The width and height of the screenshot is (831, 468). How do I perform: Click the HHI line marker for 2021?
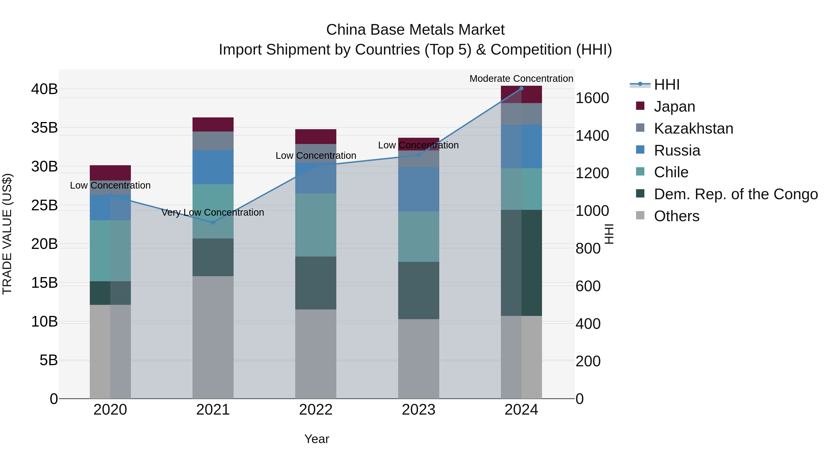pyautogui.click(x=213, y=223)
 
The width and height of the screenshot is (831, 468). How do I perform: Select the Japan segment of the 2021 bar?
pyautogui.click(x=213, y=124)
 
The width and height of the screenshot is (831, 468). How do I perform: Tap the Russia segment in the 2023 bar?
pyautogui.click(x=419, y=189)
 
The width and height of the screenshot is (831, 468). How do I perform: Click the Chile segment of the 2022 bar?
pyautogui.click(x=316, y=225)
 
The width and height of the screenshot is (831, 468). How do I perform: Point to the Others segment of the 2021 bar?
pyautogui.click(x=213, y=337)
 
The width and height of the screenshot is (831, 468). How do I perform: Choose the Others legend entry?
pyautogui.click(x=677, y=216)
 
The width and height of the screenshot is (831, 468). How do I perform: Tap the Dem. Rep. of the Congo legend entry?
pyautogui.click(x=735, y=194)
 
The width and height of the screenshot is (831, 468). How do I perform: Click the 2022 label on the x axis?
pyautogui.click(x=316, y=410)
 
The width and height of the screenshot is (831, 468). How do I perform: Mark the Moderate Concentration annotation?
pyautogui.click(x=521, y=79)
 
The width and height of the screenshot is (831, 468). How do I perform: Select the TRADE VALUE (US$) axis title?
pyautogui.click(x=7, y=234)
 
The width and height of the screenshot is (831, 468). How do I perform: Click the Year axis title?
pyautogui.click(x=316, y=439)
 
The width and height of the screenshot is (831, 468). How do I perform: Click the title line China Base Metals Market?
pyautogui.click(x=415, y=30)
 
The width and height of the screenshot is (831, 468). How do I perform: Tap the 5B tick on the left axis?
pyautogui.click(x=48, y=360)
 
